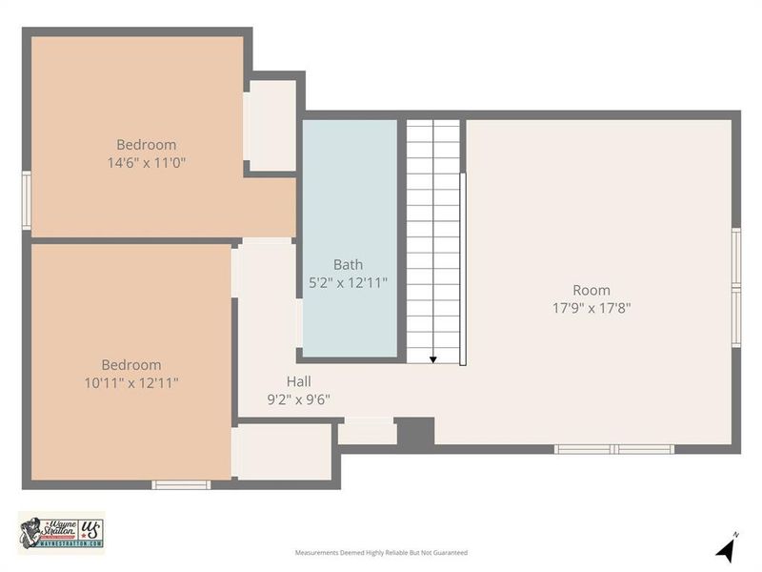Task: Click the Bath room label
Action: (x=348, y=265)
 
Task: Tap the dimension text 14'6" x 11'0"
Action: (x=146, y=163)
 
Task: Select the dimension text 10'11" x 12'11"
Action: (x=131, y=382)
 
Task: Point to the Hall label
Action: (x=298, y=381)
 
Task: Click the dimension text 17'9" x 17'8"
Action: (x=592, y=308)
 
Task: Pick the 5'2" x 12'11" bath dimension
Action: (x=348, y=283)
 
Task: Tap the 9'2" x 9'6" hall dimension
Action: (x=298, y=400)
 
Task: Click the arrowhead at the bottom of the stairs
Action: (x=433, y=359)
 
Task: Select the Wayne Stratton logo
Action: (x=60, y=532)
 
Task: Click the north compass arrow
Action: (x=727, y=548)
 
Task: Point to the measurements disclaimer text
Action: (x=381, y=553)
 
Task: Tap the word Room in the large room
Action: (x=592, y=290)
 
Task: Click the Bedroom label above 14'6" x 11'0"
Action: (x=146, y=145)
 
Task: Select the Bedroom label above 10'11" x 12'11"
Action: (x=131, y=364)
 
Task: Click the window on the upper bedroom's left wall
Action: (x=27, y=200)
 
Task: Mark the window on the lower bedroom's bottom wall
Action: (x=181, y=485)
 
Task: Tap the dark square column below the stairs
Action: (x=415, y=432)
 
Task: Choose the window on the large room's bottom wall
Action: (x=614, y=449)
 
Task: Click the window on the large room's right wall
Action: (x=736, y=287)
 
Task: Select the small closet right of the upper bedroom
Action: (x=272, y=125)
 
